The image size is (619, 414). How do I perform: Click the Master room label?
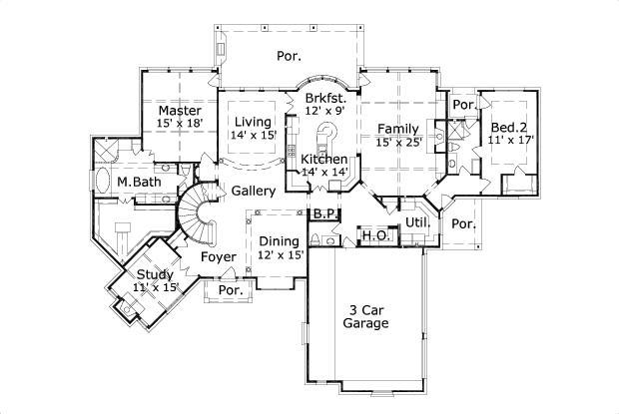(179, 110)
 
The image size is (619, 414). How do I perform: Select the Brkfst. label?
(326, 98)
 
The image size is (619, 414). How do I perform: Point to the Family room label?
(396, 128)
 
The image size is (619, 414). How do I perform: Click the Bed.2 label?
(508, 128)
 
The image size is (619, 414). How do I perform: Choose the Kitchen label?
(324, 160)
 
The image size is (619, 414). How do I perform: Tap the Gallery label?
(254, 191)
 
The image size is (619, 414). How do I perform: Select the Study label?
(155, 274)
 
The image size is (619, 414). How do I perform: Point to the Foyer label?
(219, 257)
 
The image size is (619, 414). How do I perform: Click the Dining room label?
(280, 240)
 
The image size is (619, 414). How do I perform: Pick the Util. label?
(416, 221)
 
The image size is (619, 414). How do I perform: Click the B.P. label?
(324, 214)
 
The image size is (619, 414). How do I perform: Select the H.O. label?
(374, 235)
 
